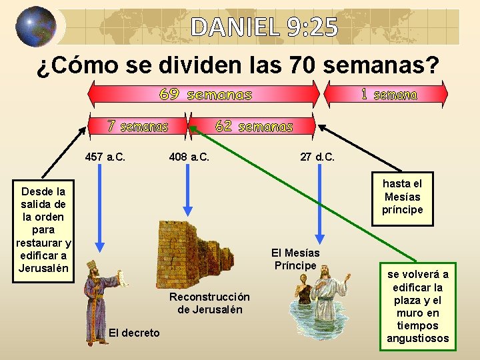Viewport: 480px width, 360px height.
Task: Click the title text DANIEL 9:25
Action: [x=265, y=27]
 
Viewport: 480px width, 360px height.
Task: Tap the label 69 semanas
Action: [x=205, y=95]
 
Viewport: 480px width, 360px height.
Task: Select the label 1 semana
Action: [x=389, y=95]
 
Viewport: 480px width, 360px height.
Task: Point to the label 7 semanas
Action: [x=138, y=126]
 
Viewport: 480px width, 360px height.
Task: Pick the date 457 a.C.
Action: [x=105, y=157]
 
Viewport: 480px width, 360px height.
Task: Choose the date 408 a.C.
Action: [x=189, y=157]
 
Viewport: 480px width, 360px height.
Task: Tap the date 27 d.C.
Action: [x=317, y=157]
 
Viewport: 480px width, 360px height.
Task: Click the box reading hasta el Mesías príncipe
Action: [x=402, y=197]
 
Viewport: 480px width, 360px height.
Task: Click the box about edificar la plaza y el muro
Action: [x=418, y=306]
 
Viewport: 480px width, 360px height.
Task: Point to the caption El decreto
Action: [x=134, y=333]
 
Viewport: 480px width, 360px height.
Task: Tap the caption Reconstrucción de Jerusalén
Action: [x=209, y=303]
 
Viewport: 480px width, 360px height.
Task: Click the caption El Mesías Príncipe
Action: [x=295, y=259]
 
